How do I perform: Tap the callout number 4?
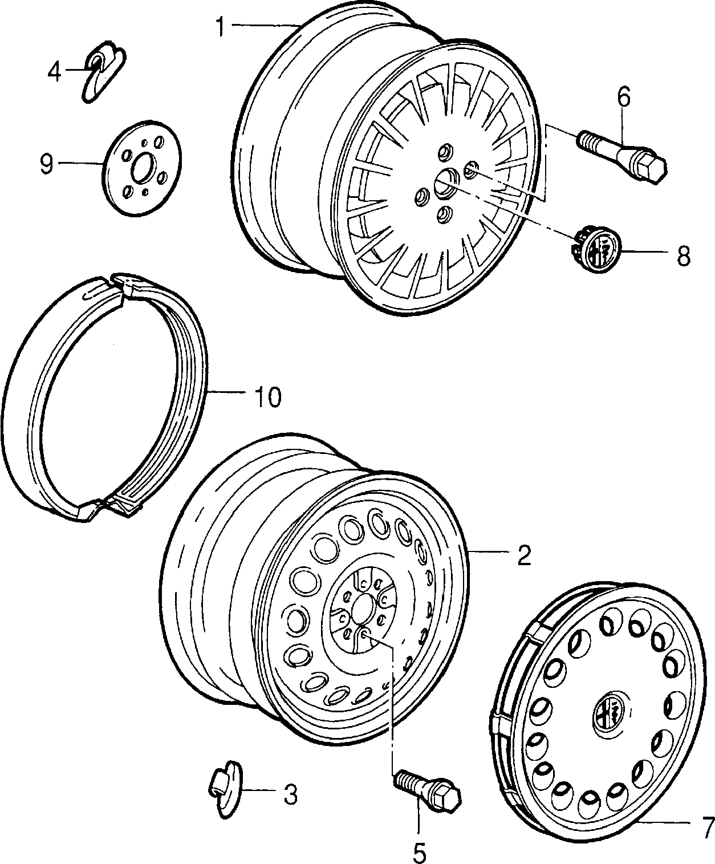point(55,71)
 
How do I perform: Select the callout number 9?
point(47,164)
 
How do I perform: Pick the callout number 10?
point(268,397)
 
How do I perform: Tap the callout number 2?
point(523,555)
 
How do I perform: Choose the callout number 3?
point(290,794)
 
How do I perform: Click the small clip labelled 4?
point(103,71)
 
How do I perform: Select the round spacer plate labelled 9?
point(141,168)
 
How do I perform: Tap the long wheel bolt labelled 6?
point(622,157)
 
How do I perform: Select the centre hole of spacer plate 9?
point(143,167)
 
